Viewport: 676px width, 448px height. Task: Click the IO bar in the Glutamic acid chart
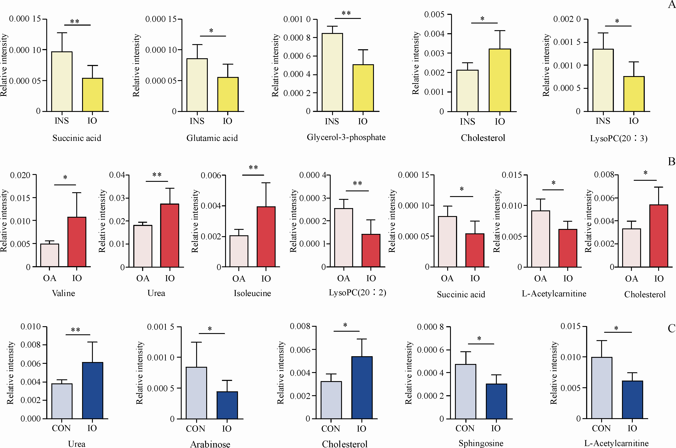(228, 94)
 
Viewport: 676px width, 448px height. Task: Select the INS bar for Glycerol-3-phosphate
(332, 72)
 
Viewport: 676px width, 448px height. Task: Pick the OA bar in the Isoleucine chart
(239, 251)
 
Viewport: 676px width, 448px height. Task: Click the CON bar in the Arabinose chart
(196, 393)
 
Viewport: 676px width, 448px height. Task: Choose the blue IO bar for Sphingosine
(496, 401)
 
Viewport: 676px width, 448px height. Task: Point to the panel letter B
(671, 162)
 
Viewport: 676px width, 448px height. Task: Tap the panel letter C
(671, 328)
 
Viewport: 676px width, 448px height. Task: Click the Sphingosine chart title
(481, 443)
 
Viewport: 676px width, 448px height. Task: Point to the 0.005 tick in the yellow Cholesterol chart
(434, 14)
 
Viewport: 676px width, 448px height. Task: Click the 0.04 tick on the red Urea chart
(117, 175)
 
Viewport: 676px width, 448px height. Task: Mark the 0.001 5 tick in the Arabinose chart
(161, 327)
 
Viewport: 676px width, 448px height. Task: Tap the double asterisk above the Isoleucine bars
(253, 168)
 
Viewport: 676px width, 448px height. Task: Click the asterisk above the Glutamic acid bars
(211, 31)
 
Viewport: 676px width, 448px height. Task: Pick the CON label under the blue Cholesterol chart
(330, 429)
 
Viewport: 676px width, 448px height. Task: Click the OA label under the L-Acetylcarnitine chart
(540, 279)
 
